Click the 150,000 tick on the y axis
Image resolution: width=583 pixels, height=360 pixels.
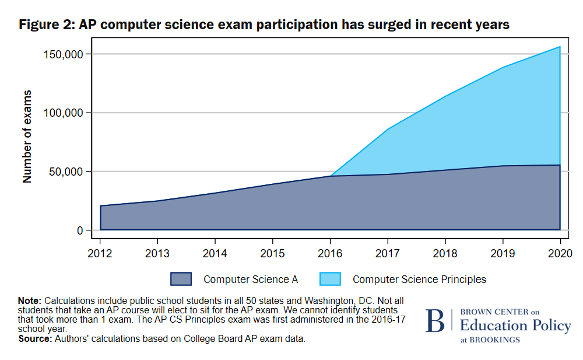[65, 54]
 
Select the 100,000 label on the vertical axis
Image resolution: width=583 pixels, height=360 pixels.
[65, 113]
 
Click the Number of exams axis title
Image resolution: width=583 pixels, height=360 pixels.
[27, 137]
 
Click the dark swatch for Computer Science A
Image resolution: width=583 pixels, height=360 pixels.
[181, 279]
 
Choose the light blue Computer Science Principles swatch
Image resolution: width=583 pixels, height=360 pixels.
[330, 279]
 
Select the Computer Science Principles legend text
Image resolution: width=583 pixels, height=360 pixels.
[419, 279]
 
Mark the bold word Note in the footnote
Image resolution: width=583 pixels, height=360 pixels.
[29, 300]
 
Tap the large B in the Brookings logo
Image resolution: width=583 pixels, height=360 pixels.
[434, 321]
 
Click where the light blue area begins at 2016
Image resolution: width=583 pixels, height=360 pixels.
[331, 175]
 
